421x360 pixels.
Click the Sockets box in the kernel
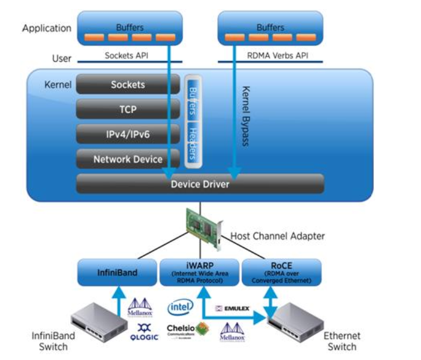click(128, 85)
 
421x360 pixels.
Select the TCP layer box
click(128, 110)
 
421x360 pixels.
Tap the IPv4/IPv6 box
click(128, 135)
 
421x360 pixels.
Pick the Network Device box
click(128, 159)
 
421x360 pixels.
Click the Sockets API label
click(126, 55)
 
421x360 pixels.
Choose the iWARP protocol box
click(200, 273)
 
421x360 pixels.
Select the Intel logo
click(180, 307)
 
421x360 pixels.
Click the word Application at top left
click(46, 28)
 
